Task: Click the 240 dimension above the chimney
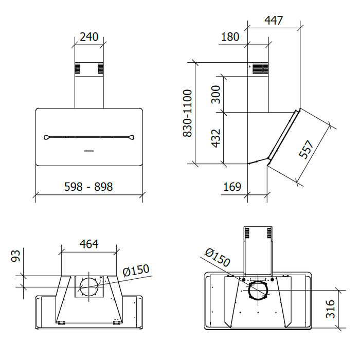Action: coord(89,37)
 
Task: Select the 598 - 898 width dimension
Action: coord(88,187)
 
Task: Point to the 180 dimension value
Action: coord(230,37)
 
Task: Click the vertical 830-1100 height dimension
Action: coord(188,113)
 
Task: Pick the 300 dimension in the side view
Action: coord(216,95)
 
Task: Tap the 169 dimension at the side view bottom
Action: coord(232,187)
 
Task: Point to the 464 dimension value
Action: coord(88,244)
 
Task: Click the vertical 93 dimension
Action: coord(15,256)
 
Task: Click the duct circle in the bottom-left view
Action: coord(88,286)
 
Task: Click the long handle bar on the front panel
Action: coord(89,137)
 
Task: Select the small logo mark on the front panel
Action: coord(88,151)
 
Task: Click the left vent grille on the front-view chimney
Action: coord(78,68)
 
